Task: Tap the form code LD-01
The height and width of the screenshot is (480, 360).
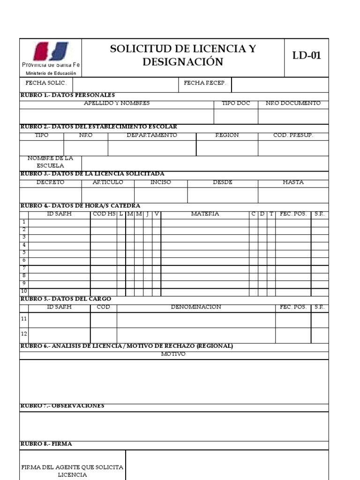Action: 307,55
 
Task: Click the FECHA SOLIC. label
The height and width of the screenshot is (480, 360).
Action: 46,83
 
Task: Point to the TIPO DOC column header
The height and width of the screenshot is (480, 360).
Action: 236,103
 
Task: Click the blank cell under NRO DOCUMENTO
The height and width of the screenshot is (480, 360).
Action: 293,116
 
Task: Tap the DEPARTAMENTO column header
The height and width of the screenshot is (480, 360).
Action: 152,135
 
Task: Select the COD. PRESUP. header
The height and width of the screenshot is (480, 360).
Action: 293,135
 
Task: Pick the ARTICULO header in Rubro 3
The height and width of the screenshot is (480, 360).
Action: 108,182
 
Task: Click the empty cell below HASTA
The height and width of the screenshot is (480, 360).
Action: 293,195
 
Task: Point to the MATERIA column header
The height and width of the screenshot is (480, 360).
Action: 205,214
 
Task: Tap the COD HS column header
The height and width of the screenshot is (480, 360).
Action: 104,214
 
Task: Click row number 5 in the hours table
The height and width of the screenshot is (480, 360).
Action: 24,253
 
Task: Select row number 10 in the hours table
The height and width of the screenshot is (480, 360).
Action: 24,291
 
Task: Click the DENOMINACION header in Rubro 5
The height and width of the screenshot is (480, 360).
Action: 196,307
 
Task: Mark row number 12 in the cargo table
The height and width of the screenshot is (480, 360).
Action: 24,334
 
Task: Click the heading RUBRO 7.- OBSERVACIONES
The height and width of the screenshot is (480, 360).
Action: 62,405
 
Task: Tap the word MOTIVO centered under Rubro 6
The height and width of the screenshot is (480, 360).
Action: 173,354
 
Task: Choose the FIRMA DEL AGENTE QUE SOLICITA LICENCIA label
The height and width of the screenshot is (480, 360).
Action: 72,471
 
